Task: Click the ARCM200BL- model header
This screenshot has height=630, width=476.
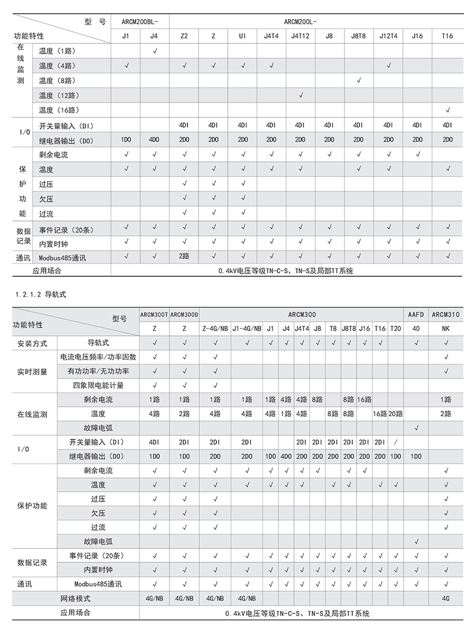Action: click(x=140, y=21)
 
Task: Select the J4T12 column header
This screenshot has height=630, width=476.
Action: click(x=300, y=36)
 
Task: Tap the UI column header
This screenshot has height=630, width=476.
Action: click(x=242, y=36)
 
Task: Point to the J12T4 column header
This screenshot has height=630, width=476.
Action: click(x=388, y=36)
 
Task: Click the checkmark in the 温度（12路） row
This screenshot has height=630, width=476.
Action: click(x=300, y=95)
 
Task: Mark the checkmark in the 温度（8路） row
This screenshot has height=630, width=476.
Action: click(x=358, y=80)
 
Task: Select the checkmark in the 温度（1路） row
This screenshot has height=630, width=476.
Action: click(x=155, y=51)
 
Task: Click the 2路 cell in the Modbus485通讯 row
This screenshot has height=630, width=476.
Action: click(x=184, y=257)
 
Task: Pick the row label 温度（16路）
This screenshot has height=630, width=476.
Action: click(x=59, y=110)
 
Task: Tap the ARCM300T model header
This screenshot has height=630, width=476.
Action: click(x=154, y=313)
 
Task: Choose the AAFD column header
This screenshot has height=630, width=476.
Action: click(x=416, y=313)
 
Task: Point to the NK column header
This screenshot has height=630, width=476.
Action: click(x=446, y=328)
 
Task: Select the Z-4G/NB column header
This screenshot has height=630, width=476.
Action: click(x=215, y=328)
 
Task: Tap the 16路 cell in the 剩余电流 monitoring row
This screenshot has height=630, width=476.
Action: click(x=364, y=399)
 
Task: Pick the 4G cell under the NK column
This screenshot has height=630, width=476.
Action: click(x=446, y=598)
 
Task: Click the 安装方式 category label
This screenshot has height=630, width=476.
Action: click(x=32, y=344)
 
